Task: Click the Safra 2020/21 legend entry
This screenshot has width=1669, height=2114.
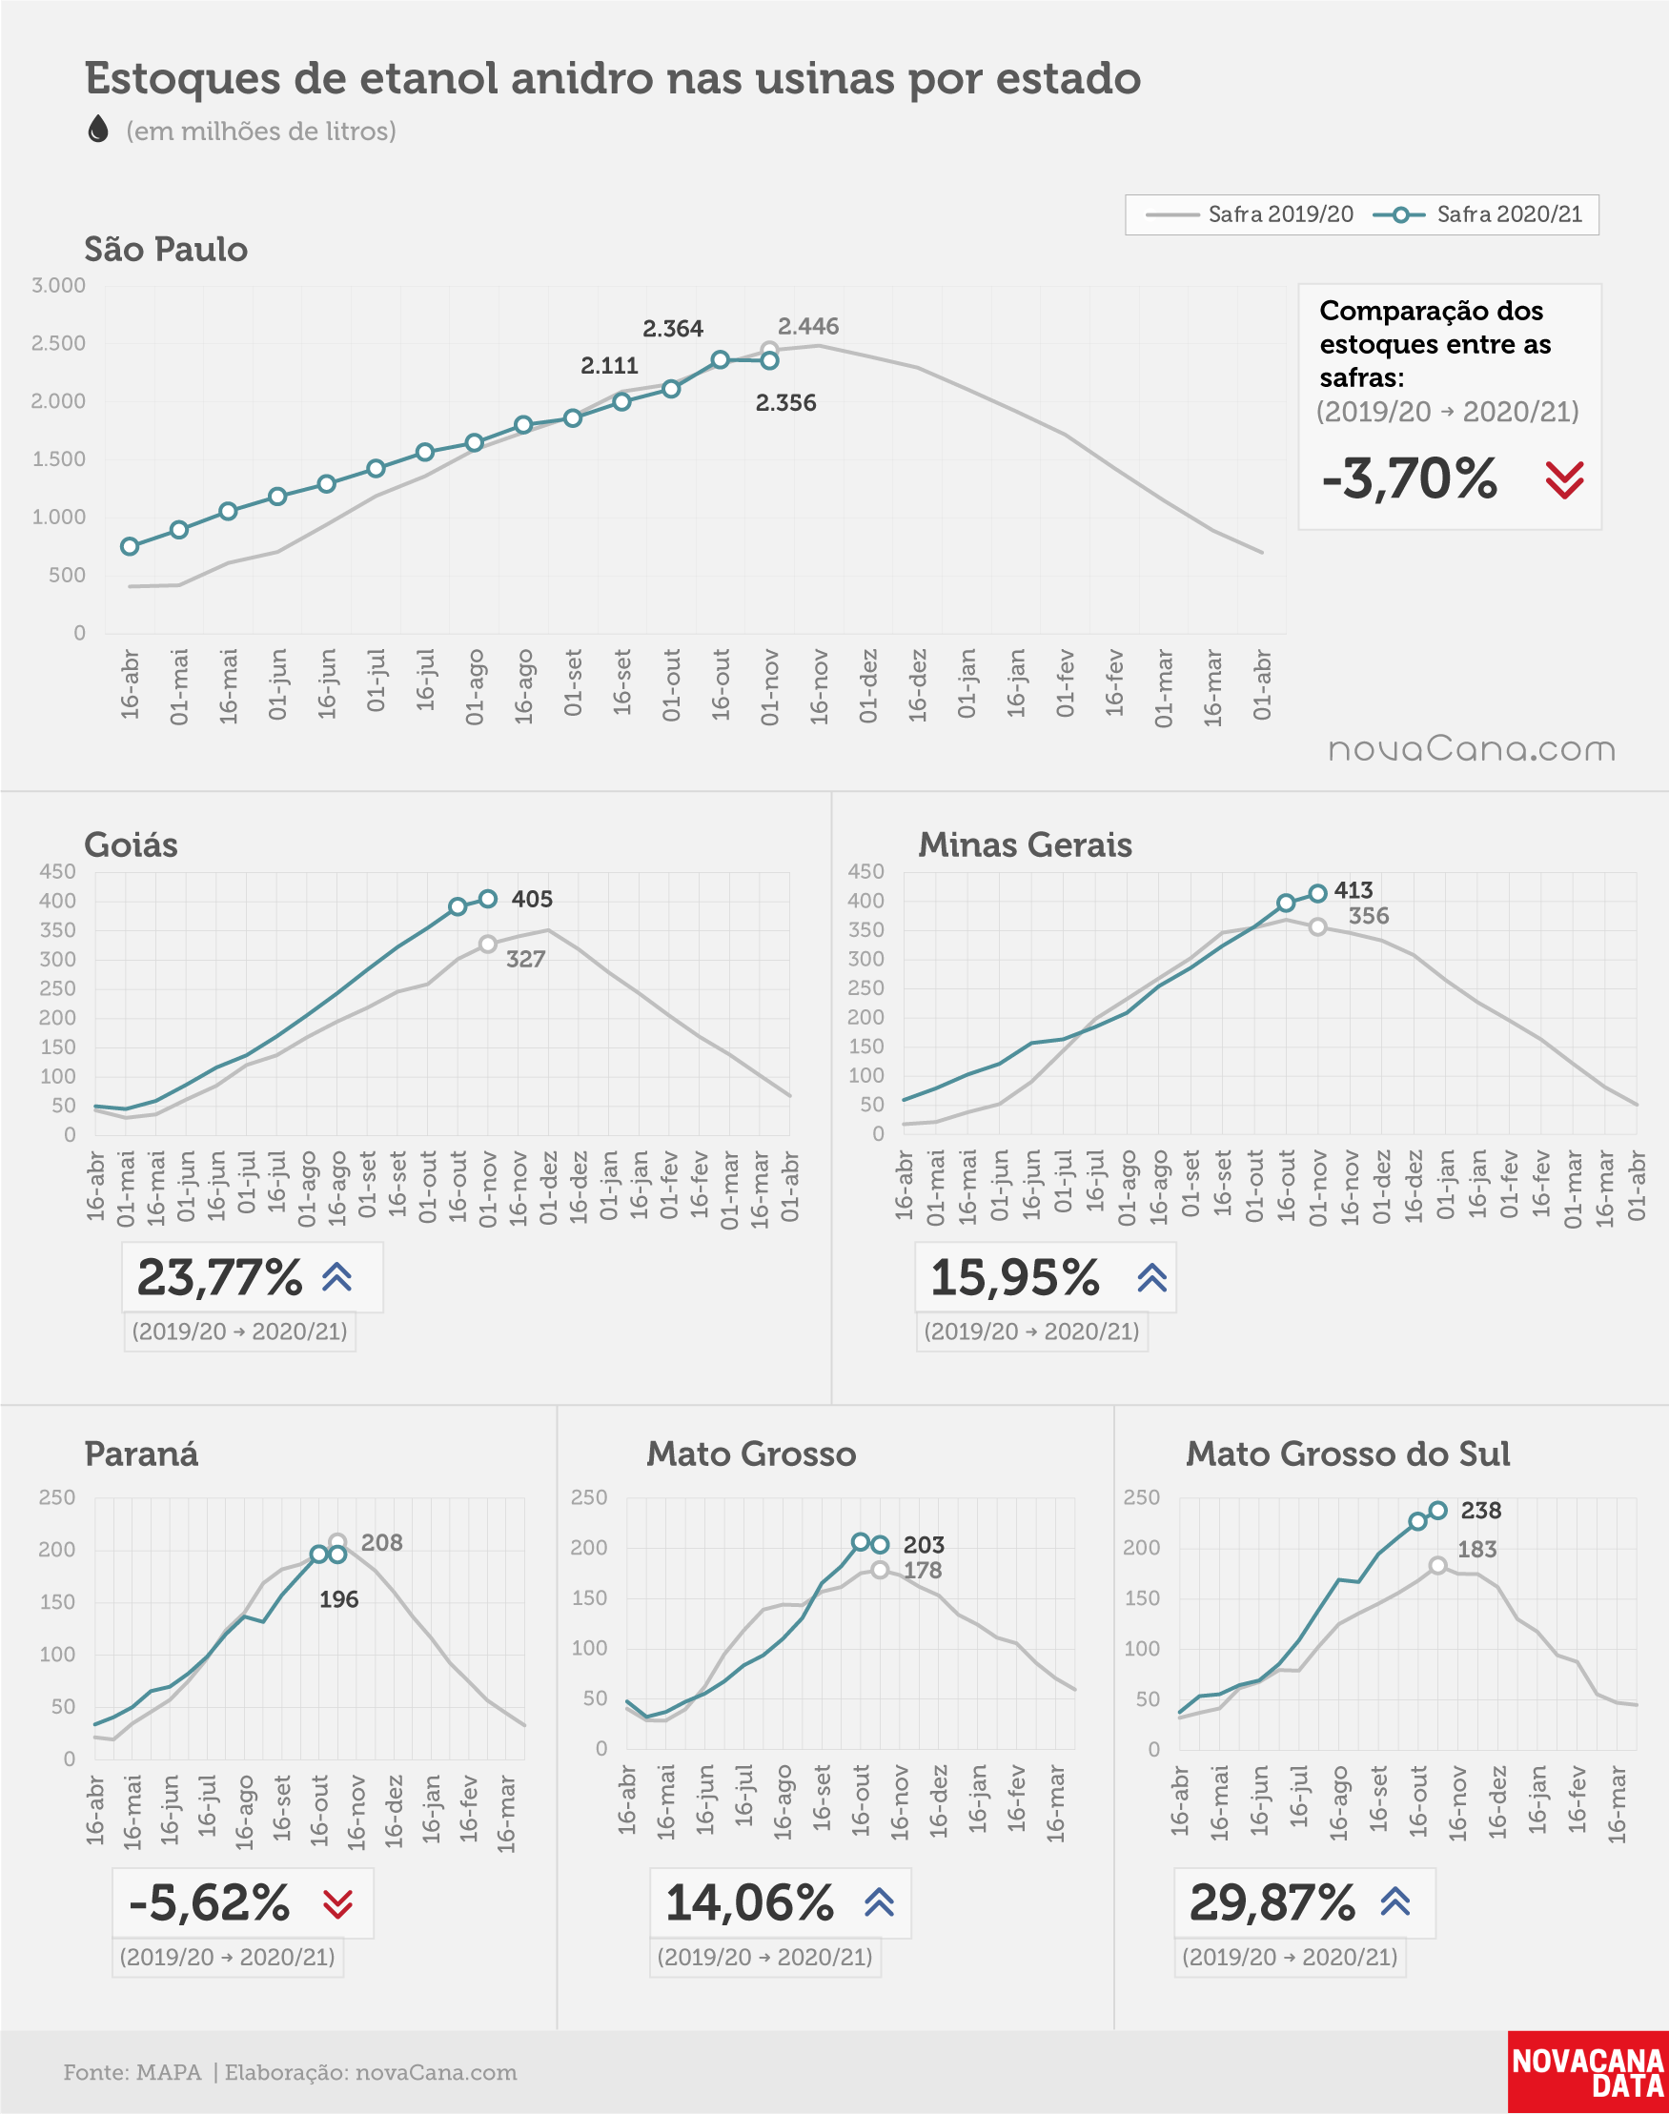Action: coord(1477,214)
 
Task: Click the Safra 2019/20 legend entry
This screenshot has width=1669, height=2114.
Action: coord(1250,214)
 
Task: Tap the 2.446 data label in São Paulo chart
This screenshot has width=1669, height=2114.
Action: coord(808,326)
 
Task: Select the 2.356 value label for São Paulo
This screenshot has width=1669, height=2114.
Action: coord(785,402)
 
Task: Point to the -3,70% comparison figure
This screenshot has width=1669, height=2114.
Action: coord(1409,478)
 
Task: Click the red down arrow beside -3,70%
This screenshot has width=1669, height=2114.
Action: coord(1564,479)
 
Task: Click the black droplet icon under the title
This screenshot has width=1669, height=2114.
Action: coord(98,129)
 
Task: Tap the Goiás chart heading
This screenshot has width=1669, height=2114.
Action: coord(131,845)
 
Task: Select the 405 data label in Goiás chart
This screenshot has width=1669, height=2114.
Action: coord(532,899)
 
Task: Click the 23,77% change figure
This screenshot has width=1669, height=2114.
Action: coord(220,1278)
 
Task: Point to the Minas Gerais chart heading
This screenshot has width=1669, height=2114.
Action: coord(1025,845)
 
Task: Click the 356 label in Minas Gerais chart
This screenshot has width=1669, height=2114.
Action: coord(1369,916)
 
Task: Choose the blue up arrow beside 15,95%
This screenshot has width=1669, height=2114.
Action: coord(1152,1277)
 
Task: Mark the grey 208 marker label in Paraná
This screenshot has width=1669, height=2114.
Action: coord(382,1542)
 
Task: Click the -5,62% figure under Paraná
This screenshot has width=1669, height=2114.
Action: coord(210,1903)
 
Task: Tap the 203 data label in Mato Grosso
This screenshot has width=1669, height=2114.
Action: coord(924,1544)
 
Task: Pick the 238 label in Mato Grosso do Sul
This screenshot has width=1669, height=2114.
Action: coord(1481,1511)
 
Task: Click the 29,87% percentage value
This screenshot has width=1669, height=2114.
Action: coord(1272,1903)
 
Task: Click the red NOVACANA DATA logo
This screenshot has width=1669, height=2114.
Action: coord(1588,2073)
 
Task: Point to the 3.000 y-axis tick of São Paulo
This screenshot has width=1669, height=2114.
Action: coord(59,285)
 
